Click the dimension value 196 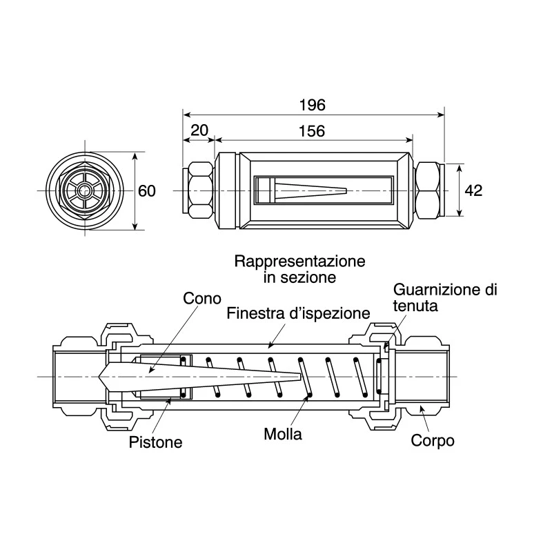(x=313, y=106)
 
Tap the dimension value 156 (x=312, y=131)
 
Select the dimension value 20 (x=199, y=130)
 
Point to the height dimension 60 (x=147, y=191)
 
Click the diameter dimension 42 (x=473, y=191)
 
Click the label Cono (x=202, y=299)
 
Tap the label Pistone (x=156, y=442)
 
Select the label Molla (x=283, y=434)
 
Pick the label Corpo (x=433, y=441)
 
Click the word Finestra (x=255, y=313)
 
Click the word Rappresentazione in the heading (x=300, y=262)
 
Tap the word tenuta (x=415, y=306)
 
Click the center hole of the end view (x=84, y=191)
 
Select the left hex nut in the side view (x=200, y=191)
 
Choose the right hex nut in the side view (x=427, y=191)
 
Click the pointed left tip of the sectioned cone (x=99, y=377)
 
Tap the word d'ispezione (x=330, y=314)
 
